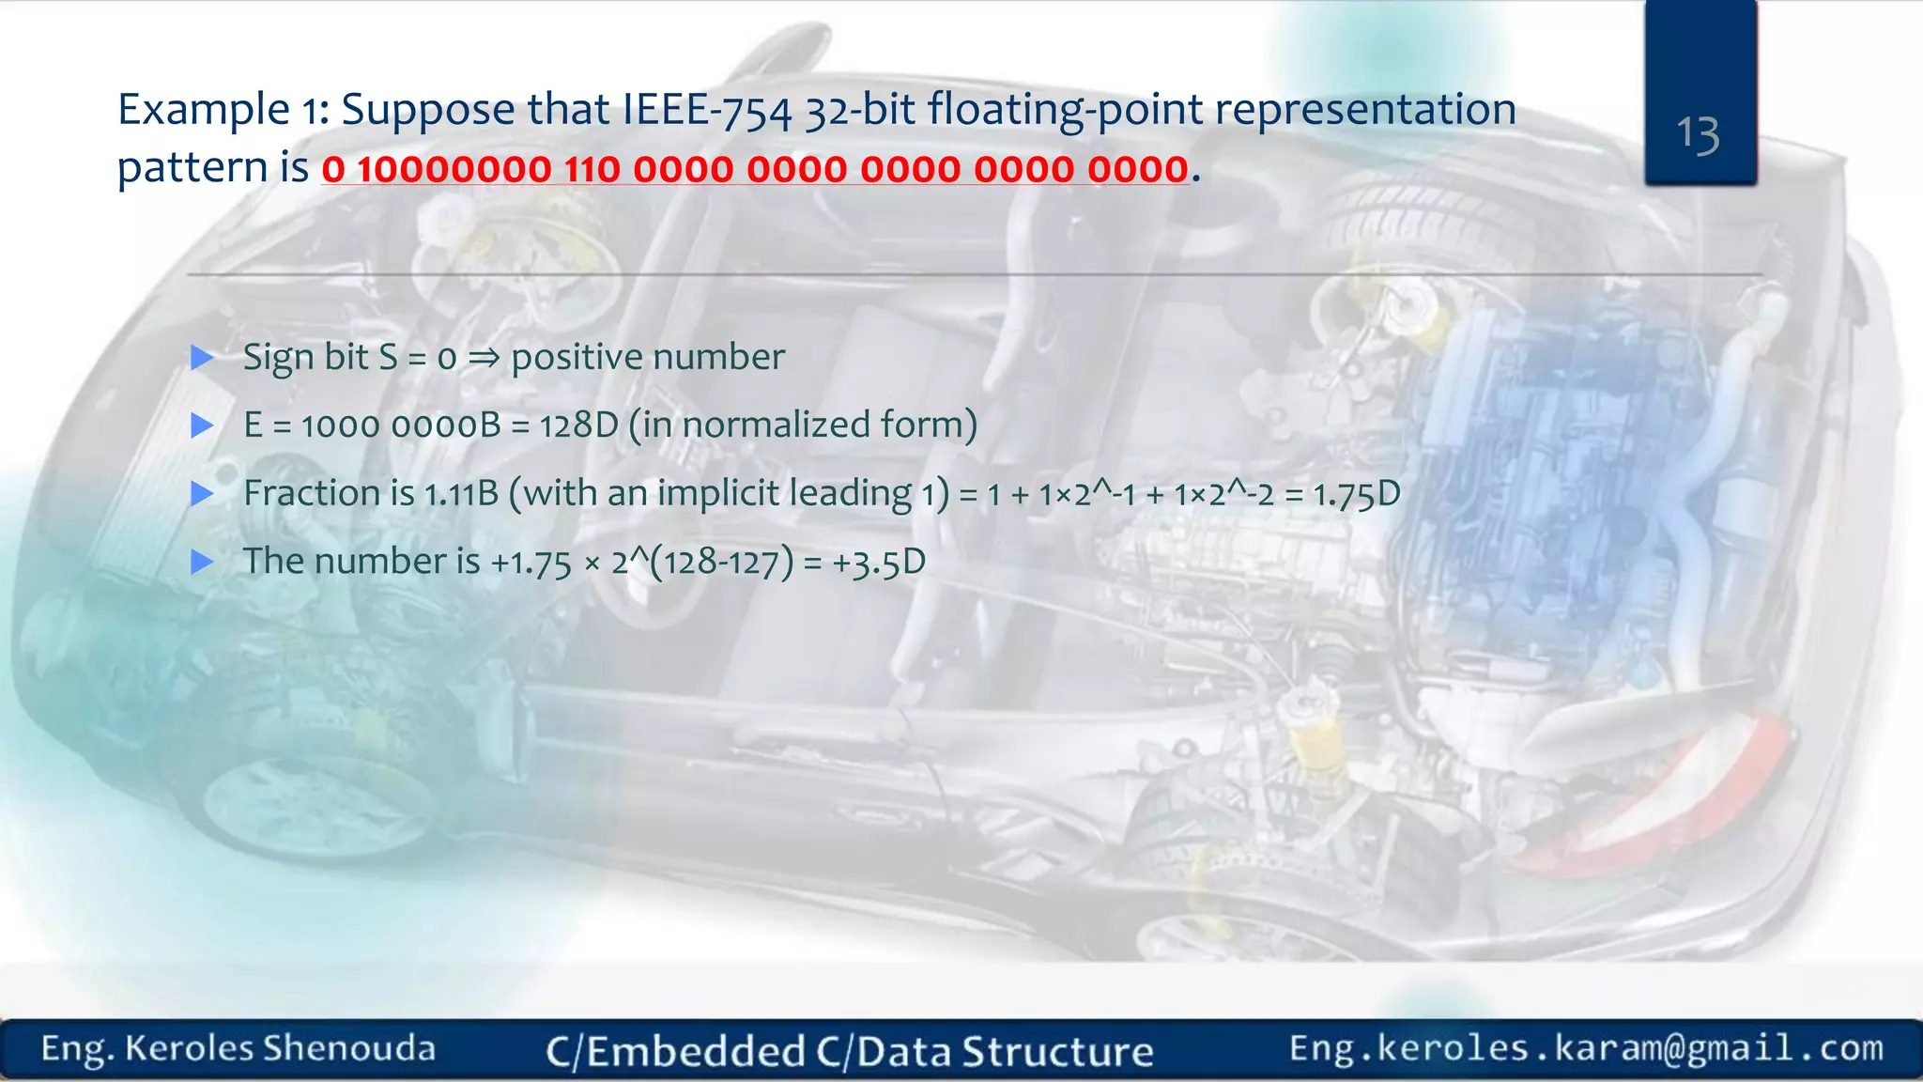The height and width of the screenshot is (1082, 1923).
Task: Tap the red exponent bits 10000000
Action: [454, 170]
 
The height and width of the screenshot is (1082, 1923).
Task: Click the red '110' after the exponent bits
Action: [592, 170]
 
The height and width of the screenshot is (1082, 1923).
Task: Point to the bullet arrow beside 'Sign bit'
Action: [202, 358]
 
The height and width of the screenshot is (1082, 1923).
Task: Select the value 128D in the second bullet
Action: [578, 425]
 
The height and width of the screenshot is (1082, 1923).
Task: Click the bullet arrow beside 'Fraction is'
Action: [202, 494]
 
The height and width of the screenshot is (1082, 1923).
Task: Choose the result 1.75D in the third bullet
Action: [1356, 494]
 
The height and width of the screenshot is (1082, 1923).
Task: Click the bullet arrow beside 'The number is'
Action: [202, 563]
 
